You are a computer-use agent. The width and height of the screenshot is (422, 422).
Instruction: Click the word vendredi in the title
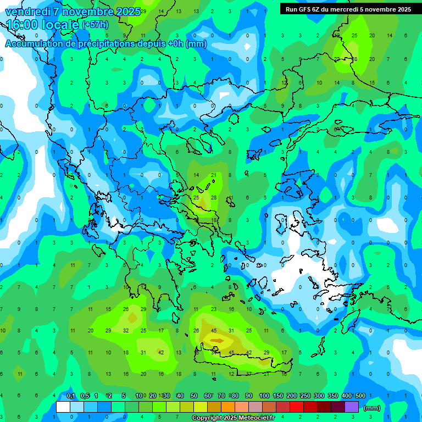(x=28, y=12)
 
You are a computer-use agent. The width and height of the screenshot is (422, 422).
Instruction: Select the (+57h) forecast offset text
(x=95, y=25)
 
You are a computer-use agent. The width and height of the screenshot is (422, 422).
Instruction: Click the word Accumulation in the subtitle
(x=37, y=44)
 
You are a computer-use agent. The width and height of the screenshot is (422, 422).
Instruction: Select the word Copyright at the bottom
(x=207, y=418)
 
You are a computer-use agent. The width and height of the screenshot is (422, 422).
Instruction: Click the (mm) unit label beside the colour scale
(x=372, y=408)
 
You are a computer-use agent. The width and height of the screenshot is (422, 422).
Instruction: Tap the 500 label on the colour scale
(x=360, y=396)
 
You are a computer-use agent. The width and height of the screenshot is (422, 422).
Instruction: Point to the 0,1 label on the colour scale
(x=71, y=396)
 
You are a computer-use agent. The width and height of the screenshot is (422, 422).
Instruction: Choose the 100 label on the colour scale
(x=264, y=396)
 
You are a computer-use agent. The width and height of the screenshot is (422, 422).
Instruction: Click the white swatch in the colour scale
(x=63, y=407)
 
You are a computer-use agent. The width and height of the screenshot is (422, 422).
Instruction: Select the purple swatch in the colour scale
(x=352, y=407)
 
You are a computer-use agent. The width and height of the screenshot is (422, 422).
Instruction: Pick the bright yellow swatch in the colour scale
(x=201, y=407)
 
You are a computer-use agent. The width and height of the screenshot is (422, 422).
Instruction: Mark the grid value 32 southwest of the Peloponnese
(x=126, y=331)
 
